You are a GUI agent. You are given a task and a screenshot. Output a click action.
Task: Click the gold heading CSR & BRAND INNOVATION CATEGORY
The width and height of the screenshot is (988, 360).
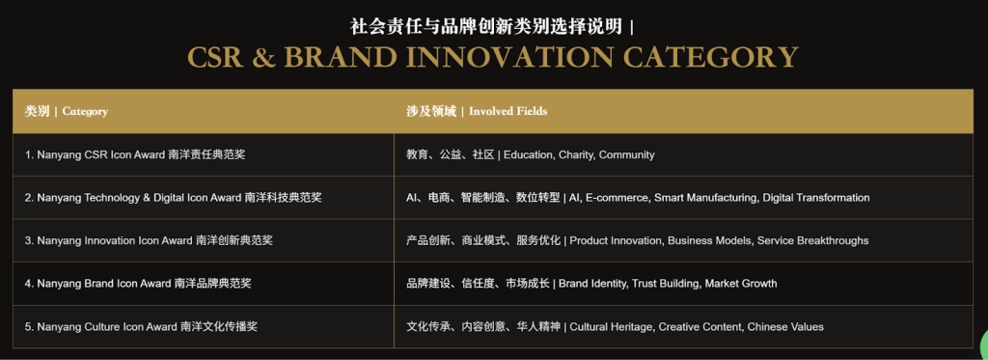click(x=493, y=57)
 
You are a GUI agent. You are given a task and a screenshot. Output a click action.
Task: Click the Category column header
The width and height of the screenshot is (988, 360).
click(x=67, y=112)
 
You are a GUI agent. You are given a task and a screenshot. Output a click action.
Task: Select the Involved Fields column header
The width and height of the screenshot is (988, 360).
click(x=477, y=112)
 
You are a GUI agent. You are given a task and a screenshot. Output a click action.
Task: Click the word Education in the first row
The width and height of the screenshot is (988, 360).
click(x=528, y=155)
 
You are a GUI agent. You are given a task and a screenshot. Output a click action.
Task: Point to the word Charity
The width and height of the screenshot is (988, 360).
click(x=576, y=155)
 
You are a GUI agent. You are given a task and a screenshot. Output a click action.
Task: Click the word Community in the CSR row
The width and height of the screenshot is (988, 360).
click(x=626, y=155)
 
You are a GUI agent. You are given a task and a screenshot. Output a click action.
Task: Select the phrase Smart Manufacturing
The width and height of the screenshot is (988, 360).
click(x=705, y=198)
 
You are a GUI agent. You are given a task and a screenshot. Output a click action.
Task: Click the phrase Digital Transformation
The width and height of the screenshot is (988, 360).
click(x=816, y=198)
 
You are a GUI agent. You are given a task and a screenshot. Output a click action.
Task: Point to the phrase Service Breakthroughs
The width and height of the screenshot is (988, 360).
click(x=812, y=241)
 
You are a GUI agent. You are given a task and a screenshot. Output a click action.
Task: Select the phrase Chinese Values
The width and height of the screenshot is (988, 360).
click(x=785, y=326)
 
